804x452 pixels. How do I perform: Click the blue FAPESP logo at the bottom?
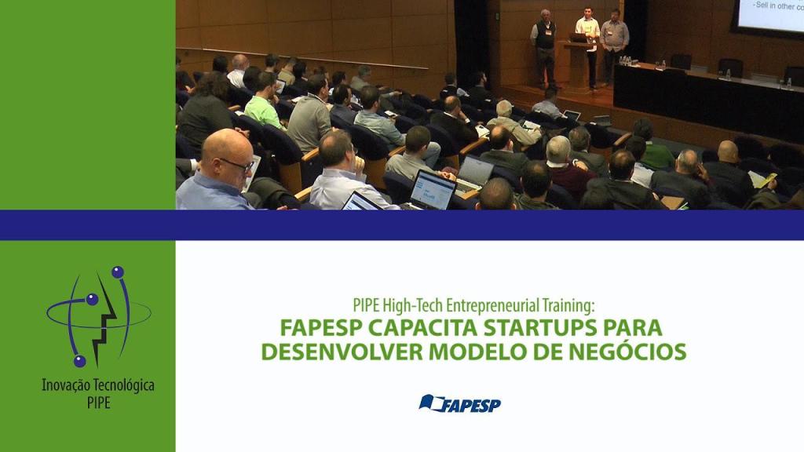(460, 404)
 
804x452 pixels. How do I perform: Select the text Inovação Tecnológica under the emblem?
(98, 386)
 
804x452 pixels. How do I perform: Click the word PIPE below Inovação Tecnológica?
(99, 402)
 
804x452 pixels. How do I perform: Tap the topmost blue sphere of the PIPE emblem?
(118, 272)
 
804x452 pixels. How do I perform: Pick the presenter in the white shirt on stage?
(588, 43)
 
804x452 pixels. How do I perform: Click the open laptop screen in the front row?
(432, 191)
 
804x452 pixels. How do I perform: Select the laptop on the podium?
(578, 37)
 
